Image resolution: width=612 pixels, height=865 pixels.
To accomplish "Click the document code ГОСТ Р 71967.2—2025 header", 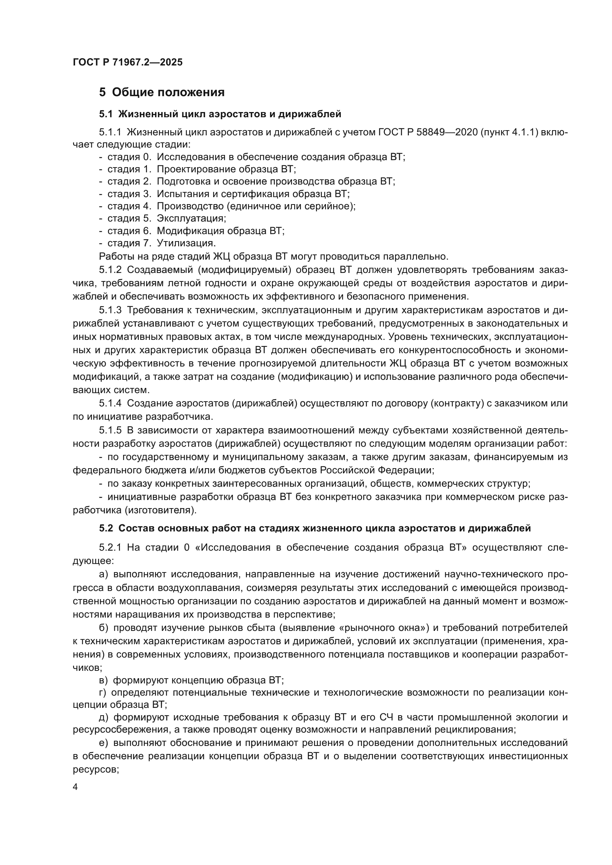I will [x=127, y=62].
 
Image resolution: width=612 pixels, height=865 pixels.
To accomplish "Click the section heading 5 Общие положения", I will [x=162, y=92].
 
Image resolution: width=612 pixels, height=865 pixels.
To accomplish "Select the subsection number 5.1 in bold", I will [x=106, y=114].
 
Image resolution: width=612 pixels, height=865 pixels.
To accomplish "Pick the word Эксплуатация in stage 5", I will [x=191, y=219].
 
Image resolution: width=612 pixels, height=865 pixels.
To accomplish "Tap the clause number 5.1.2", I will [x=110, y=270].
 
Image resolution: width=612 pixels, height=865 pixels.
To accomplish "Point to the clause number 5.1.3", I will [x=110, y=310].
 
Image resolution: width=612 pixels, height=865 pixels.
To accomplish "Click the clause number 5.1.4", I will [x=110, y=403].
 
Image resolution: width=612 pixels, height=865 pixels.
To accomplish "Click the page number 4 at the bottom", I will [x=75, y=787].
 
